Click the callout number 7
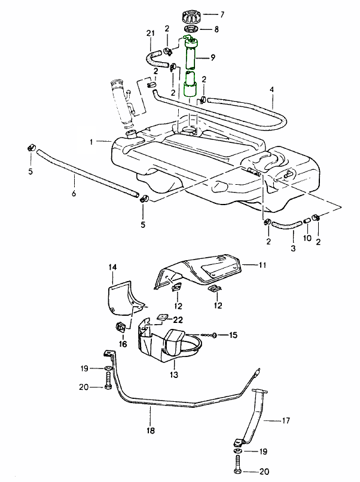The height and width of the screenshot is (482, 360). [222, 14]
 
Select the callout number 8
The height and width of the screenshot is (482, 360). [216, 29]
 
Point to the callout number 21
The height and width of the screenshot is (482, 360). [150, 32]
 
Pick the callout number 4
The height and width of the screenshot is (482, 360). [271, 90]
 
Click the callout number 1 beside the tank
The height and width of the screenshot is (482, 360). [91, 142]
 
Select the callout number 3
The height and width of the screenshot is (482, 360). [293, 248]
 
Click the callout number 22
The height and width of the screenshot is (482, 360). [178, 319]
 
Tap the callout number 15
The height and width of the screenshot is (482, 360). [233, 335]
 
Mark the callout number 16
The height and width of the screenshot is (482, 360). [123, 344]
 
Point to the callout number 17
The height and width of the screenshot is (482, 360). [286, 421]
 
